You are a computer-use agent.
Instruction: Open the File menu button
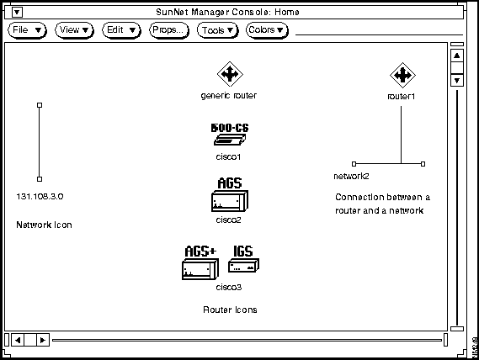[x=27, y=30]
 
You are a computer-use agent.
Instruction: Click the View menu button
[x=74, y=30]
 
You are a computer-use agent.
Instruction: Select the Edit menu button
[x=121, y=30]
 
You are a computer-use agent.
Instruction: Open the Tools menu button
[x=217, y=30]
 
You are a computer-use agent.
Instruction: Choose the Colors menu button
[x=267, y=30]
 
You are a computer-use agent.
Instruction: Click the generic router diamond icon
[x=230, y=74]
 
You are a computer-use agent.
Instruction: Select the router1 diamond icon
[x=402, y=75]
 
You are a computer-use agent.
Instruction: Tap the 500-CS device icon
[x=230, y=135]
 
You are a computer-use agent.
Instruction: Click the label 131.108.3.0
[x=40, y=196]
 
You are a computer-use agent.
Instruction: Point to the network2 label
[x=351, y=176]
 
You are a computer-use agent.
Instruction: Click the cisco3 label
[x=229, y=288]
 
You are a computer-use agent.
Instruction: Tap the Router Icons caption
[x=230, y=310]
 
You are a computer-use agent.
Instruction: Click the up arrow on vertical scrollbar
[x=457, y=56]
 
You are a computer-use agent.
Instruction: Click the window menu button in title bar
[x=17, y=13]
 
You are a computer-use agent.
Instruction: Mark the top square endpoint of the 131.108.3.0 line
[x=40, y=105]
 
